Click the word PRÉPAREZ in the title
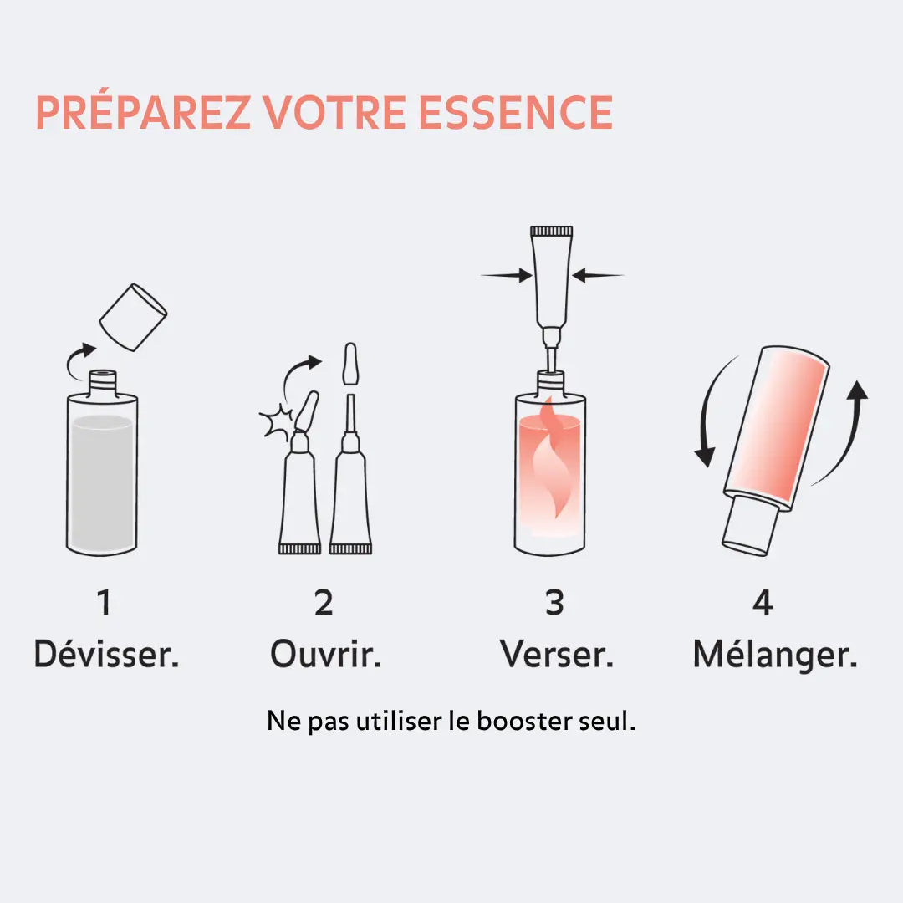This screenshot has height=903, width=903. [143, 113]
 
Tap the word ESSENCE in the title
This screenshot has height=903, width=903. [515, 113]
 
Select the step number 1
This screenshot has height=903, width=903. [104, 603]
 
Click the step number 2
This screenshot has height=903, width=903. [324, 603]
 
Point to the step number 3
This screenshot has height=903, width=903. [554, 603]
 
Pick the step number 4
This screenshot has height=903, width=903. [762, 603]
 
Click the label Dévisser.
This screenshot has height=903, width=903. [106, 654]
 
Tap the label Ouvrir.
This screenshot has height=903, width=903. [325, 654]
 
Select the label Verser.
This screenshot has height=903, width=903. [557, 654]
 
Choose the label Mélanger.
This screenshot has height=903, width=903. [775, 654]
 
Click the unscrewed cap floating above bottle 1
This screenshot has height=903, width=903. [133, 318]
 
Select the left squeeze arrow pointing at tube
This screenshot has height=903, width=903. [507, 274]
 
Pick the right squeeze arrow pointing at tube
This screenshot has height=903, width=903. [599, 274]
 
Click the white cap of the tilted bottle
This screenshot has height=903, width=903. [750, 524]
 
